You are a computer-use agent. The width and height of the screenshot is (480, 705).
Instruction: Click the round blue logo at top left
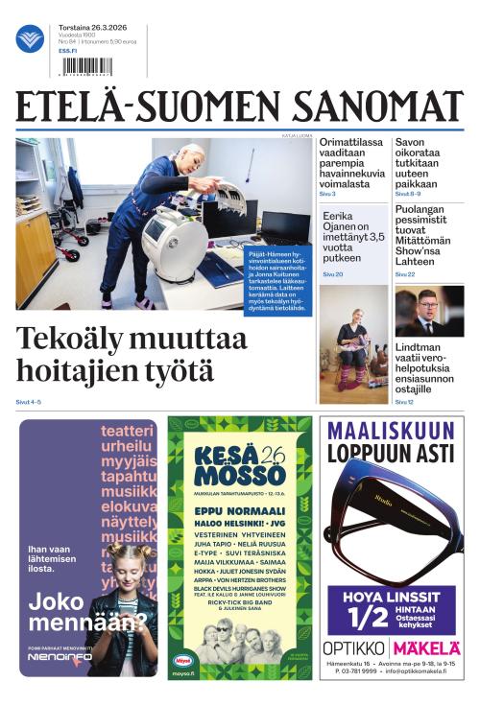point(30,38)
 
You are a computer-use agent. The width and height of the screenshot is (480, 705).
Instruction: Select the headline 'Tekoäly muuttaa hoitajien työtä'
point(132,355)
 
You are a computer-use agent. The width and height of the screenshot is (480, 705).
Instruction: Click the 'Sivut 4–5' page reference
point(29,401)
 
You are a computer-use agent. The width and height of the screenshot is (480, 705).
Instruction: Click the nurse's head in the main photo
point(192,154)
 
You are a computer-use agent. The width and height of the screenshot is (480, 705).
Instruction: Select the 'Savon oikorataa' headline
point(422,163)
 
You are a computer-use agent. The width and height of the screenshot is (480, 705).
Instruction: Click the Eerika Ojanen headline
point(352,237)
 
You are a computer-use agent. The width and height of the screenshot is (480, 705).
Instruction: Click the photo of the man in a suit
point(429,311)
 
